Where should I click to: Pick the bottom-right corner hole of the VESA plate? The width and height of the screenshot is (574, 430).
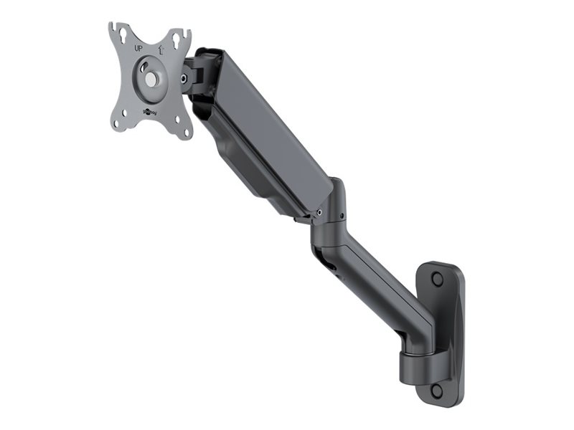[x=184, y=132]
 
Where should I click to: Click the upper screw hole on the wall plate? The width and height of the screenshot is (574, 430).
[x=438, y=279]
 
